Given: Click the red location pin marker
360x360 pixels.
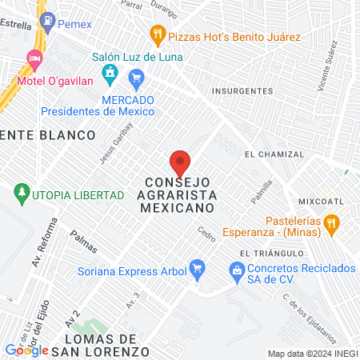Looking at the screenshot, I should pos(180,162).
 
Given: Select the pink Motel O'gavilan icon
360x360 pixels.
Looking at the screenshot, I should pos(34,58).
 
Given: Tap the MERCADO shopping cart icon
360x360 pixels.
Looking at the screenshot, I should pos(136,77).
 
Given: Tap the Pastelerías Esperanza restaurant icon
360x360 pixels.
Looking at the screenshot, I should pos(334,222).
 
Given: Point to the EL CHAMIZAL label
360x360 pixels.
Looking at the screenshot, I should pos(274,154).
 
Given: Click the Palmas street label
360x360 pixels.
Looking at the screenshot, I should pos(84,238).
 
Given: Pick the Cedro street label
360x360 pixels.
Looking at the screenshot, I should pos(206,234).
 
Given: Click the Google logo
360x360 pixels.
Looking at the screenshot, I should pos(26,350).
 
